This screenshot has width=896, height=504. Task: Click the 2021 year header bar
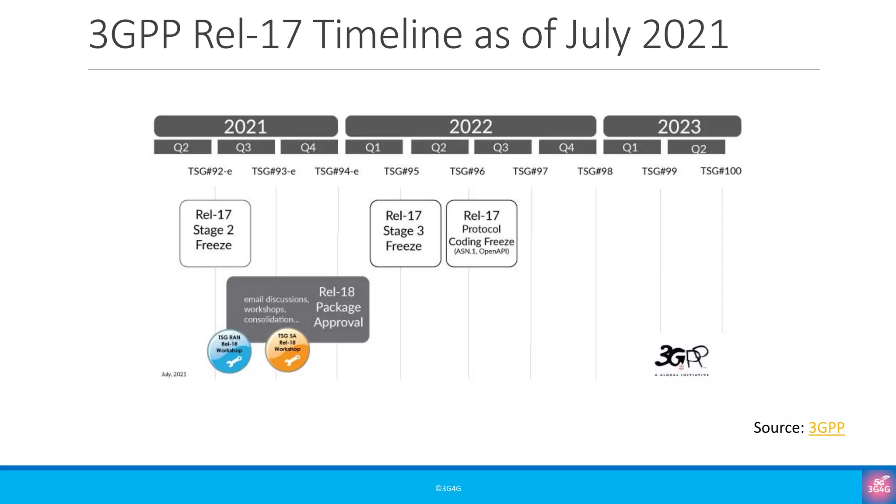(x=245, y=126)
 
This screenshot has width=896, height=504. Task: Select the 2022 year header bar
(x=470, y=126)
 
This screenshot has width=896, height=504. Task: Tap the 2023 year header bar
(x=672, y=126)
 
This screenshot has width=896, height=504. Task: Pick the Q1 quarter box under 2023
(x=632, y=147)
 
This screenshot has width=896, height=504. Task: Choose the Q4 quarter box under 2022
(x=567, y=147)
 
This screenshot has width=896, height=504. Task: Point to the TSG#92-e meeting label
(x=210, y=171)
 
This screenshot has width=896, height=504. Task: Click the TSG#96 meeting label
(x=467, y=171)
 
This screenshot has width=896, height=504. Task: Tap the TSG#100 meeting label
(x=721, y=171)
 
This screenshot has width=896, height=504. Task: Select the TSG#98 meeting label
(x=595, y=171)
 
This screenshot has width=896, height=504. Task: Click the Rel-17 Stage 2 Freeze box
(x=215, y=233)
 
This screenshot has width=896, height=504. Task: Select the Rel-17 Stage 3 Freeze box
(x=405, y=233)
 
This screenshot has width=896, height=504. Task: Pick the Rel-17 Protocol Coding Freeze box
(x=481, y=233)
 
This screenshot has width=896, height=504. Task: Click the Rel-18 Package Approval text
(x=338, y=307)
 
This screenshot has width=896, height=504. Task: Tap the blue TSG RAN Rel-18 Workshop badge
(x=229, y=351)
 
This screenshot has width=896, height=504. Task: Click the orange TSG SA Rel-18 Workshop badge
(x=287, y=350)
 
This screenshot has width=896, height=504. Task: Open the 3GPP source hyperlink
(x=826, y=427)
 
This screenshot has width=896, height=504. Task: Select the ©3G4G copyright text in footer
(x=448, y=488)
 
